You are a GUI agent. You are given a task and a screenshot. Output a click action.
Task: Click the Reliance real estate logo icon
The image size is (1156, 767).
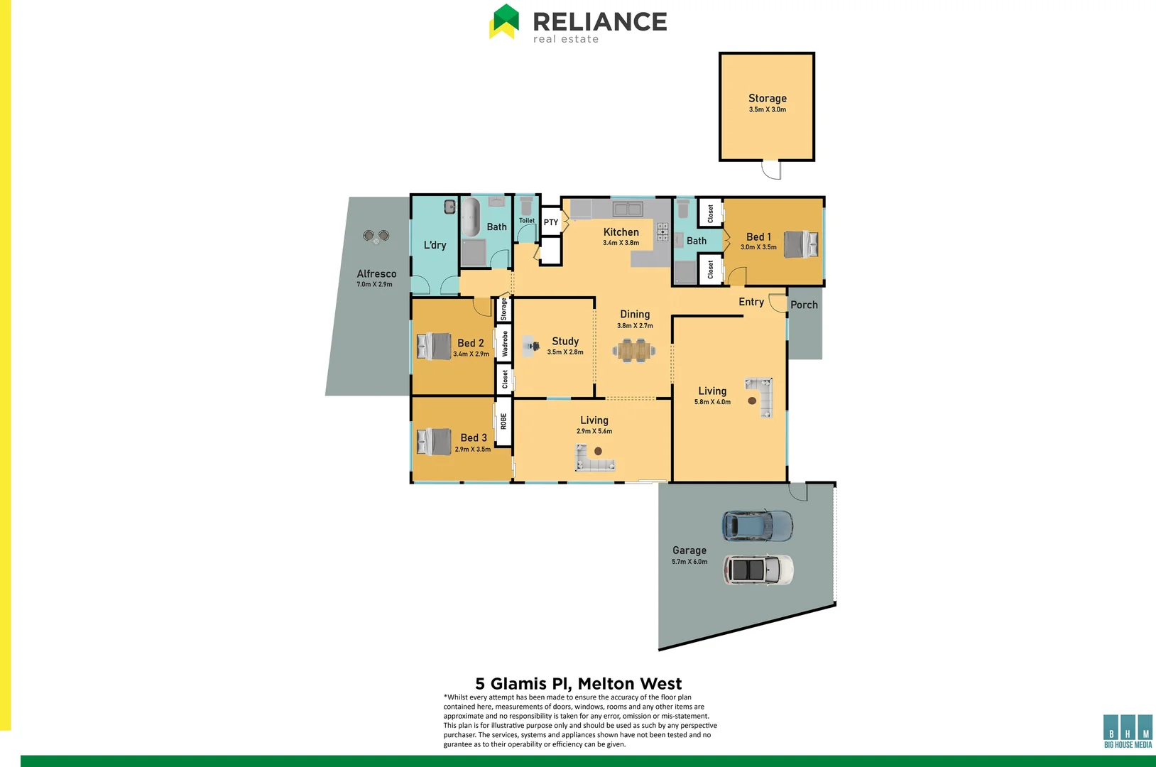pyautogui.click(x=504, y=22)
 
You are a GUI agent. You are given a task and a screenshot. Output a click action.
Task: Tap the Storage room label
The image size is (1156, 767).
pyautogui.click(x=767, y=98)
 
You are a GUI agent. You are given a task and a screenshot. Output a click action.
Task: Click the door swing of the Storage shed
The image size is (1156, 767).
pyautogui.click(x=771, y=170)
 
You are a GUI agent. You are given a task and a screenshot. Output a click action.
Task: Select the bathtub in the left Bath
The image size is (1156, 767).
pyautogui.click(x=471, y=217)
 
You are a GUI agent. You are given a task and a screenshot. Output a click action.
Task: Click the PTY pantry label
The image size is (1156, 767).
pyautogui.click(x=551, y=222)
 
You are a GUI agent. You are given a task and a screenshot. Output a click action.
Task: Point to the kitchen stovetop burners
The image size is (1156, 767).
pyautogui.click(x=662, y=232)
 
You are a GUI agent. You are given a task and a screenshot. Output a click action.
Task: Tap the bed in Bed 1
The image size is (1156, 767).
pyautogui.click(x=802, y=244)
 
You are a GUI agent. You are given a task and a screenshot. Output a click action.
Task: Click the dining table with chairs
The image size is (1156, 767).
pyautogui.click(x=634, y=349)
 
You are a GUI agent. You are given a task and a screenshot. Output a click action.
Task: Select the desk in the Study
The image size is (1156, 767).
pyautogui.click(x=531, y=347)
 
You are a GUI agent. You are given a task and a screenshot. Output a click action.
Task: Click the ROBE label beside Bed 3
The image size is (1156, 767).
pyautogui.click(x=503, y=421)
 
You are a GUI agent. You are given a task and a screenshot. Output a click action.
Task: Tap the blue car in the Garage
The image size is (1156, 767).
pyautogui.click(x=757, y=526)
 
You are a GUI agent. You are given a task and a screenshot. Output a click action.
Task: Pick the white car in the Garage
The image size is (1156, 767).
pyautogui.click(x=758, y=570)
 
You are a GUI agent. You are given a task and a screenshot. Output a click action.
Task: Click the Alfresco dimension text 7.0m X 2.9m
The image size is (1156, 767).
pyautogui.click(x=374, y=285)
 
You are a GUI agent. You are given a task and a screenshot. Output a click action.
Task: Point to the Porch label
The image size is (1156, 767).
pyautogui.click(x=804, y=305)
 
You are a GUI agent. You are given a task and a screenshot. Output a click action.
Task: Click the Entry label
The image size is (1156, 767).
pyautogui.click(x=751, y=302)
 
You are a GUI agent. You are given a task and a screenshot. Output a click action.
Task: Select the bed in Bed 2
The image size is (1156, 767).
pyautogui.click(x=434, y=346)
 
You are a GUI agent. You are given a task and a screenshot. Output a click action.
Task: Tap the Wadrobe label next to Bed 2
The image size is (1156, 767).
pyautogui.click(x=505, y=344)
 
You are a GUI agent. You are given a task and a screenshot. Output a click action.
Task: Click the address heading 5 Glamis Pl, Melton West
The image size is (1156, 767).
pyautogui.click(x=578, y=683)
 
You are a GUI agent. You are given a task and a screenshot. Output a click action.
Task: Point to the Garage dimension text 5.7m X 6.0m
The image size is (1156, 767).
pyautogui.click(x=689, y=562)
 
